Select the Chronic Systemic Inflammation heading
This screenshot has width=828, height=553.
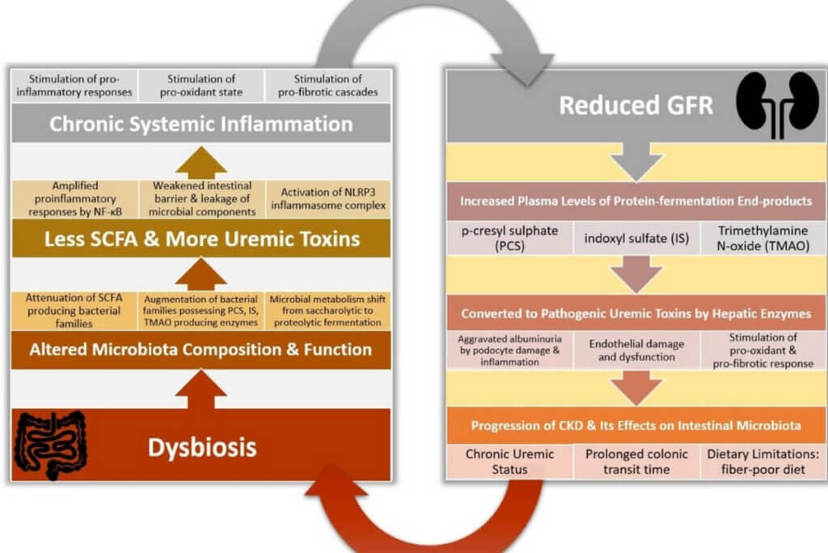[x=201, y=124]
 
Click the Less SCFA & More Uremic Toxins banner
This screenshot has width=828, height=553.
[x=201, y=240]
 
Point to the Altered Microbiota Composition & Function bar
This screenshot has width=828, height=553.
[x=201, y=350]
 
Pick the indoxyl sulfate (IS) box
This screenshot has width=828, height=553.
[x=635, y=238]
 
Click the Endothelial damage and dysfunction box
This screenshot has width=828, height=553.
[x=635, y=350]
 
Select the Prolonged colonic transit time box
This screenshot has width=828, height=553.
[x=635, y=461]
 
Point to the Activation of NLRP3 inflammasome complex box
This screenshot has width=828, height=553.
[x=327, y=199]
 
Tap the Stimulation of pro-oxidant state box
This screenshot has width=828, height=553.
[x=201, y=86]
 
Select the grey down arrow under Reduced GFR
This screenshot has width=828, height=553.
[x=635, y=164]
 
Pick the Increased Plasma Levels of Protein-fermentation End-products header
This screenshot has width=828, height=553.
[x=635, y=201]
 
